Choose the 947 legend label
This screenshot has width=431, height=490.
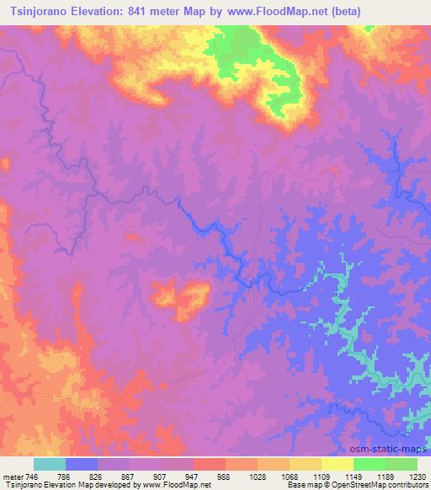coord(189,476)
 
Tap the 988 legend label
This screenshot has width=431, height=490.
coord(224,476)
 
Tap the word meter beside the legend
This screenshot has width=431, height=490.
coord(13,476)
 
